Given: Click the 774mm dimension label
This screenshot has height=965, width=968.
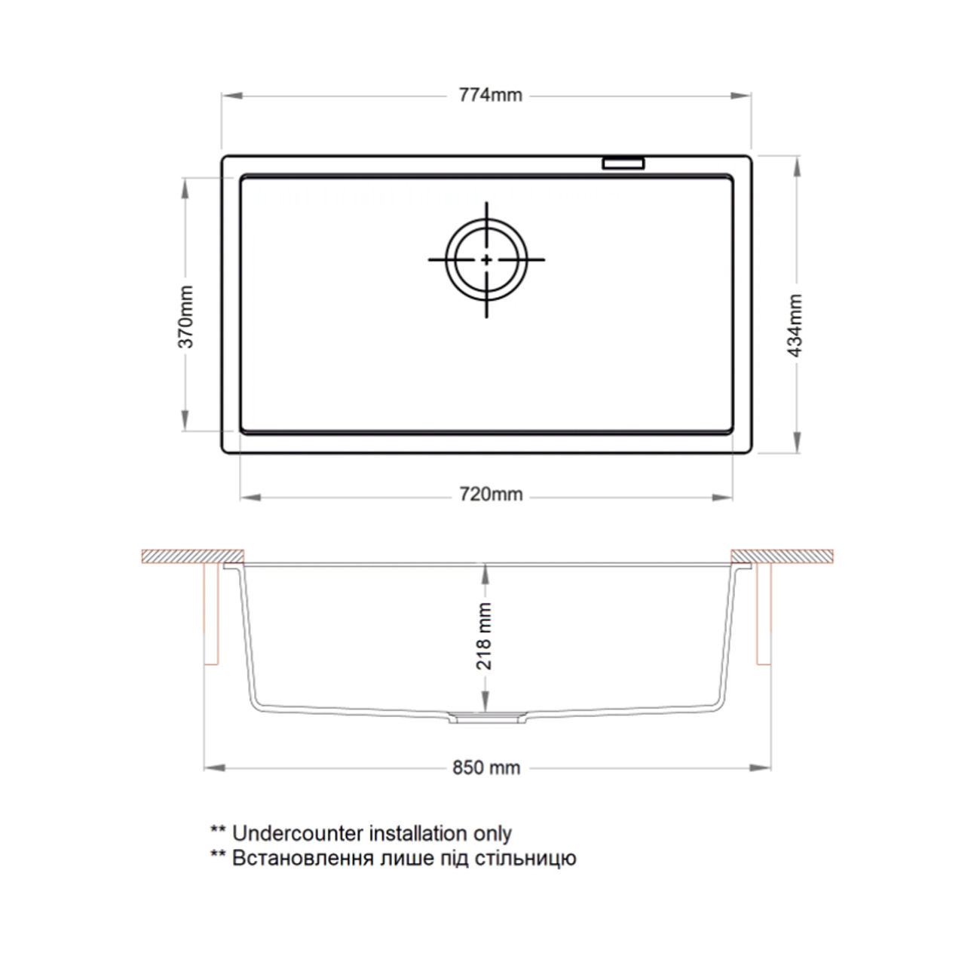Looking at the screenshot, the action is pos(490,95).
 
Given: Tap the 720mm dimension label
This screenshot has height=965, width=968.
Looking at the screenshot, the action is pos(491,495).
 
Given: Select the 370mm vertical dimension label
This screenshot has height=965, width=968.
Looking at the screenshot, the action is pos(186,317).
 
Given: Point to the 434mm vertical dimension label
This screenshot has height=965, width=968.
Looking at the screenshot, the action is pos(794,326).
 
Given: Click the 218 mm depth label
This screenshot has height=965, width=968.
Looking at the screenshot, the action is pos(484,636).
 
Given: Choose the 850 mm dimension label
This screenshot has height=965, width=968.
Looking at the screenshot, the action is pos(486,768).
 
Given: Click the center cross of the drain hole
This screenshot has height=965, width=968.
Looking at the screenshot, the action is pos(486,259).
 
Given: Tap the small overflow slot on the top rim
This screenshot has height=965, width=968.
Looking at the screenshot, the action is pos(623,164).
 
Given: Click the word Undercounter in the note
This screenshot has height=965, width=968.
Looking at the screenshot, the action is pos(298,834).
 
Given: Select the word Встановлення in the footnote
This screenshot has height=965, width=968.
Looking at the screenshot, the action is pos(303,859).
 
